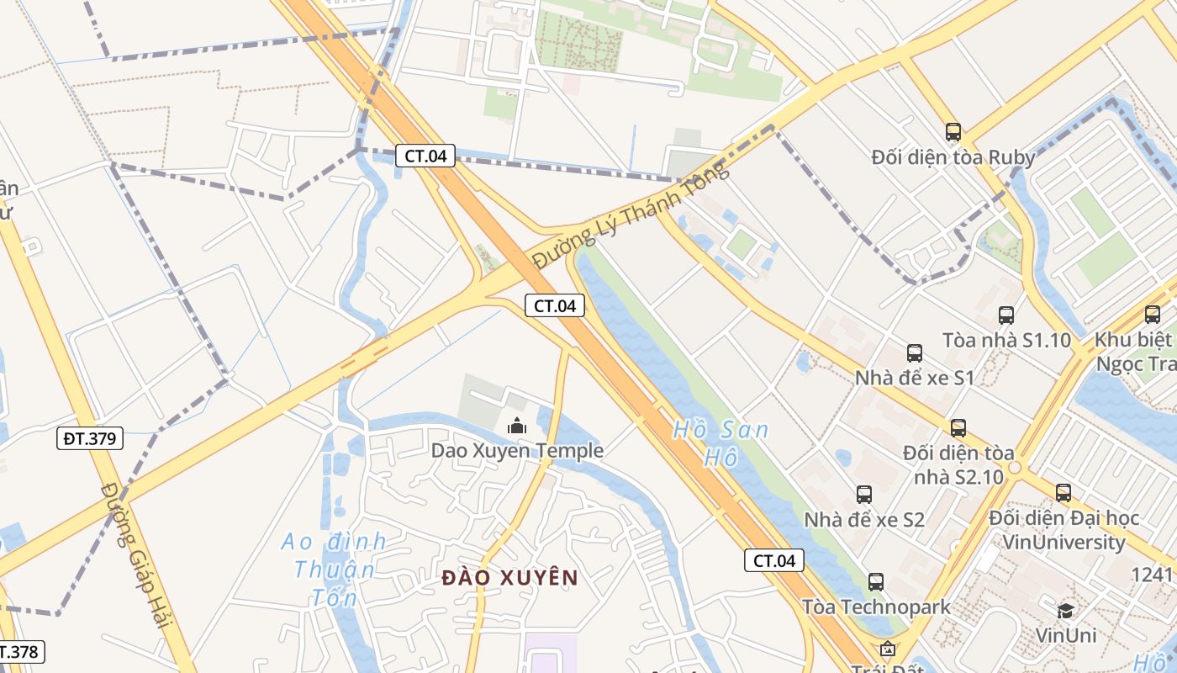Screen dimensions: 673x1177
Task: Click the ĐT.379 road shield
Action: point(91,438)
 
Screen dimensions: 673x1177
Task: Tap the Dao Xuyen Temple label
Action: point(517,451)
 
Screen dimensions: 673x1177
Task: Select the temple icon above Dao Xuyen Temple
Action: point(516,427)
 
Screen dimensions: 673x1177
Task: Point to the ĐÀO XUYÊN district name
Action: point(510,578)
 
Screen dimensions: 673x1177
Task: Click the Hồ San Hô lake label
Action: point(720,443)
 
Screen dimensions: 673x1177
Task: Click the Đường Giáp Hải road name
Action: point(135,555)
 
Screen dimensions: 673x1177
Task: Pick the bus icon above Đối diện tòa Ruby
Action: point(953,132)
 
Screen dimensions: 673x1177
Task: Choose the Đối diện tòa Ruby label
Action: point(953,157)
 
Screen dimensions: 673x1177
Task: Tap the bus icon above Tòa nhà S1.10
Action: point(1006,315)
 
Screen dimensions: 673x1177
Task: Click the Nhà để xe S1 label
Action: point(914,378)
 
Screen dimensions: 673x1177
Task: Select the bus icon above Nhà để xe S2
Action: point(864,494)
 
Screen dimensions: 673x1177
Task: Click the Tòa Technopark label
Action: point(876,607)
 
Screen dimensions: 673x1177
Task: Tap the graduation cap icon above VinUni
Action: point(1065,611)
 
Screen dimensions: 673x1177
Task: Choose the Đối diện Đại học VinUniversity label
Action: point(1064,530)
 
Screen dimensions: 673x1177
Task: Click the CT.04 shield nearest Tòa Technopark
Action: point(773,560)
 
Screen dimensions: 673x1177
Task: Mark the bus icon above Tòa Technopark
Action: point(876,581)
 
